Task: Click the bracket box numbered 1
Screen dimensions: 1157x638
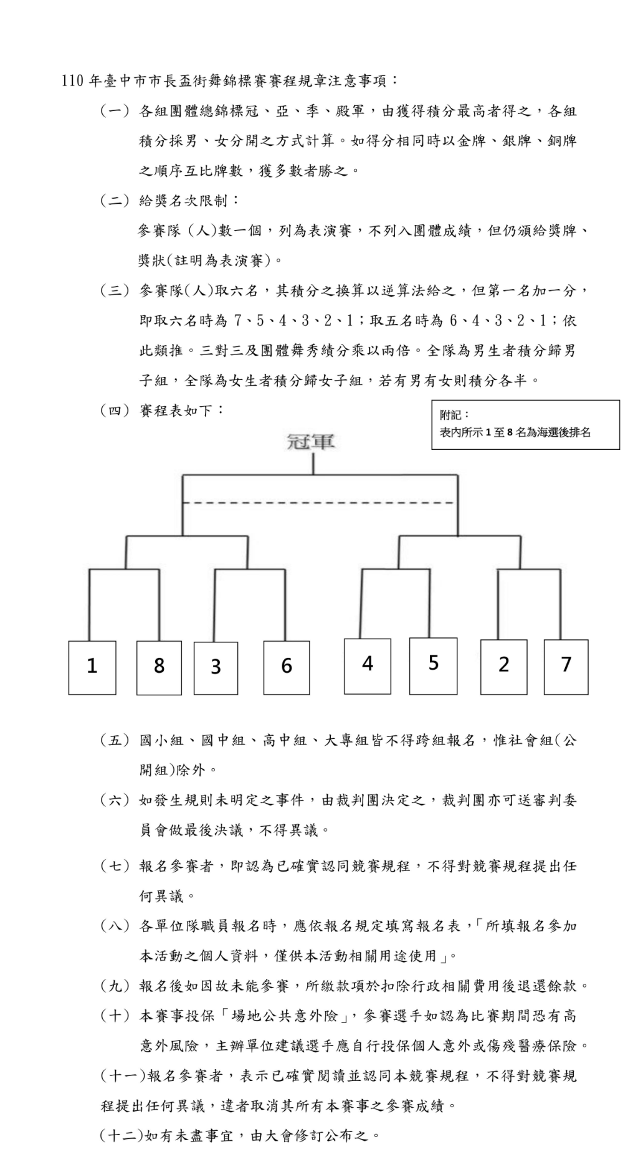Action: [x=92, y=667]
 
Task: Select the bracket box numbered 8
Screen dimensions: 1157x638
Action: [x=159, y=667]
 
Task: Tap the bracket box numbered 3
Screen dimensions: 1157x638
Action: [x=216, y=668]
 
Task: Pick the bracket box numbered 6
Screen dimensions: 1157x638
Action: [x=287, y=667]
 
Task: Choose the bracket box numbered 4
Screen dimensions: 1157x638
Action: [x=368, y=665]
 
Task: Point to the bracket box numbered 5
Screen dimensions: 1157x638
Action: [x=433, y=665]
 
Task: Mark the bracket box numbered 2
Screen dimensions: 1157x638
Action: [x=503, y=666]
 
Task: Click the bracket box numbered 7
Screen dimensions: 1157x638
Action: [x=566, y=666]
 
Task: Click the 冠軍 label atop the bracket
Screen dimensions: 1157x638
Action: [x=311, y=442]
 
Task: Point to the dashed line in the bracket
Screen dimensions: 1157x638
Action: [x=318, y=502]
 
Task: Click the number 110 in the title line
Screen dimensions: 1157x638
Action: [x=72, y=81]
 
